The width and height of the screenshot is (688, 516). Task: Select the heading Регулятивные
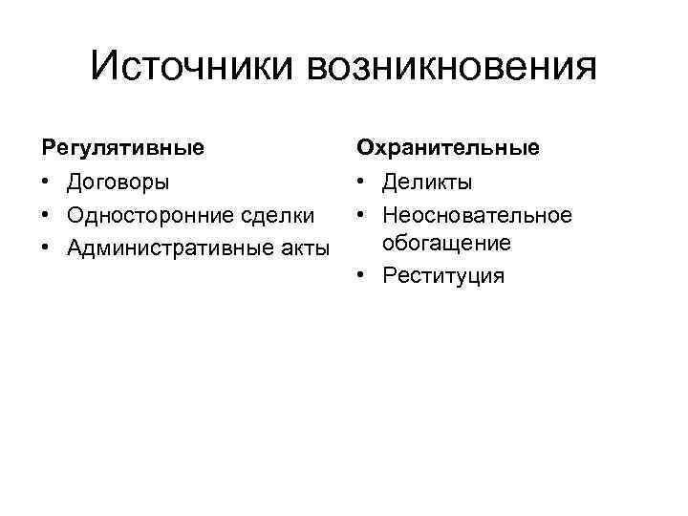click(122, 148)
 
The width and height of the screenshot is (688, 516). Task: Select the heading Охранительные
click(448, 148)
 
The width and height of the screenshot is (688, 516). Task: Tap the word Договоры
click(118, 182)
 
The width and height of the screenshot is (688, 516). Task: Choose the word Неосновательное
click(477, 215)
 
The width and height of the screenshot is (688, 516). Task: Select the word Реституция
click(442, 276)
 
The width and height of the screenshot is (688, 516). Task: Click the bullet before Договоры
click(46, 182)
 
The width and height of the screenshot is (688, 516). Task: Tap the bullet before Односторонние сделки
click(46, 215)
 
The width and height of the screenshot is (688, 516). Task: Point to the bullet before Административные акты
click(46, 248)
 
